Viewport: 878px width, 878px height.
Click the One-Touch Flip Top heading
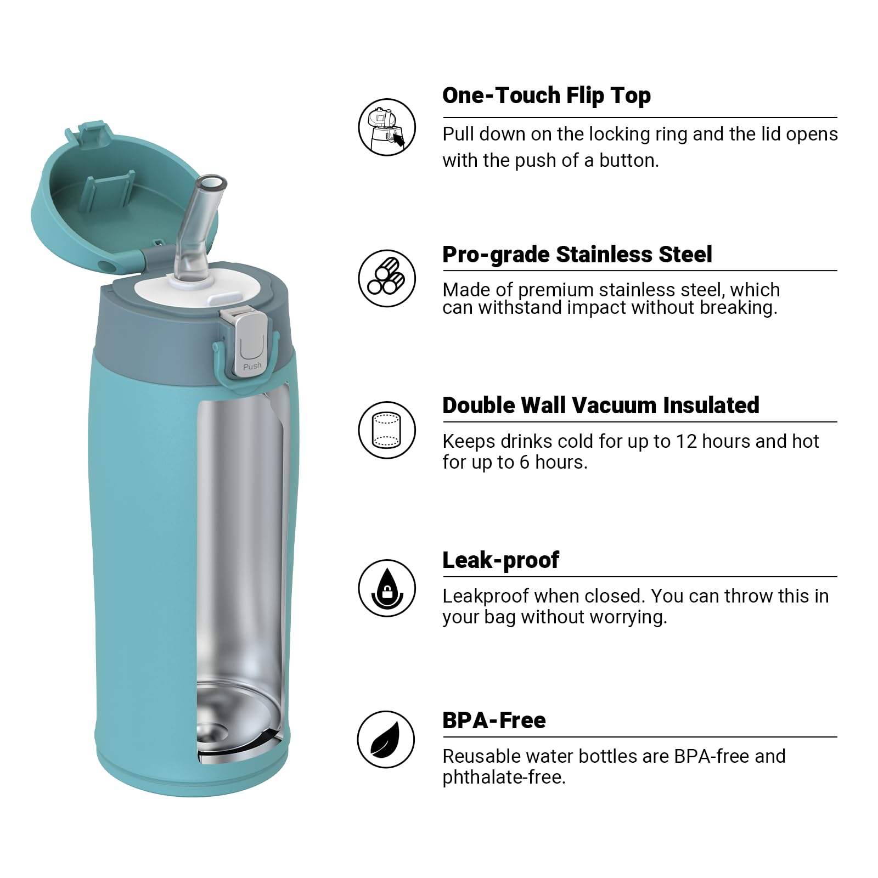(546, 95)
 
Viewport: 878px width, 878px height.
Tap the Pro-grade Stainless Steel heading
(577, 255)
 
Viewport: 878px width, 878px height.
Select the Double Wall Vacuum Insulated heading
(600, 406)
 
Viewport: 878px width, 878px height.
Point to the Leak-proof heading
(500, 560)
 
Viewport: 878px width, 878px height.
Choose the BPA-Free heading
(494, 721)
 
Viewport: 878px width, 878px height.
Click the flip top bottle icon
(387, 127)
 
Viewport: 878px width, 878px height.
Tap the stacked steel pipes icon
(387, 278)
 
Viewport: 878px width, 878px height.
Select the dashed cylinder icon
(387, 430)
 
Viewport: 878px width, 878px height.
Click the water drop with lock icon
(387, 588)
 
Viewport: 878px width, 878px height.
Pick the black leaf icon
(385, 739)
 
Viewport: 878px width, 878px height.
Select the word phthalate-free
(503, 778)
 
